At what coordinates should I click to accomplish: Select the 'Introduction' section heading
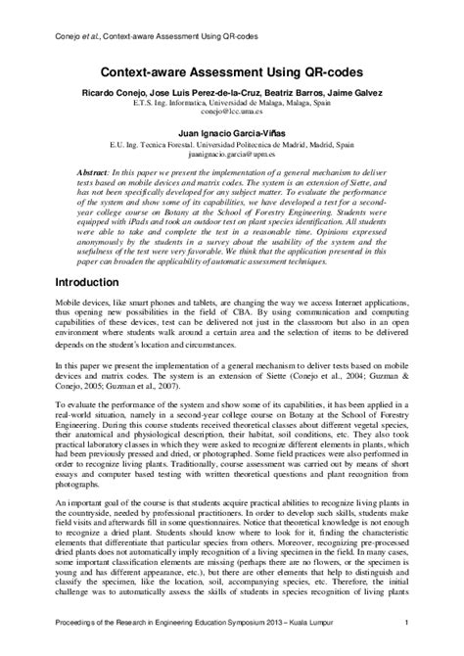pos(94,282)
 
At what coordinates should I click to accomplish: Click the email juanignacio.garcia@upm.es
pos(232,154)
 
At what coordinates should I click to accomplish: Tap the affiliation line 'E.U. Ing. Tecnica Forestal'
pos(232,145)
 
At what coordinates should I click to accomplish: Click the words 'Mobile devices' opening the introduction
pos(79,306)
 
